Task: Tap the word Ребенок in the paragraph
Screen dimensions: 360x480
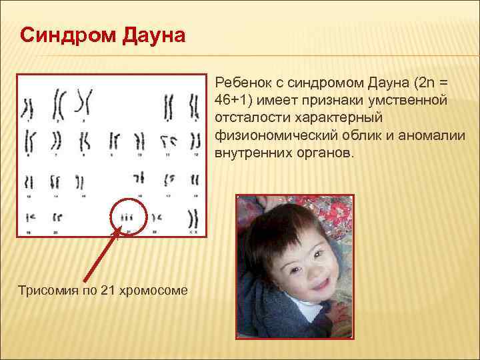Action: [243, 83]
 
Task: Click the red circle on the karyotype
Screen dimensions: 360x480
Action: [128, 215]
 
